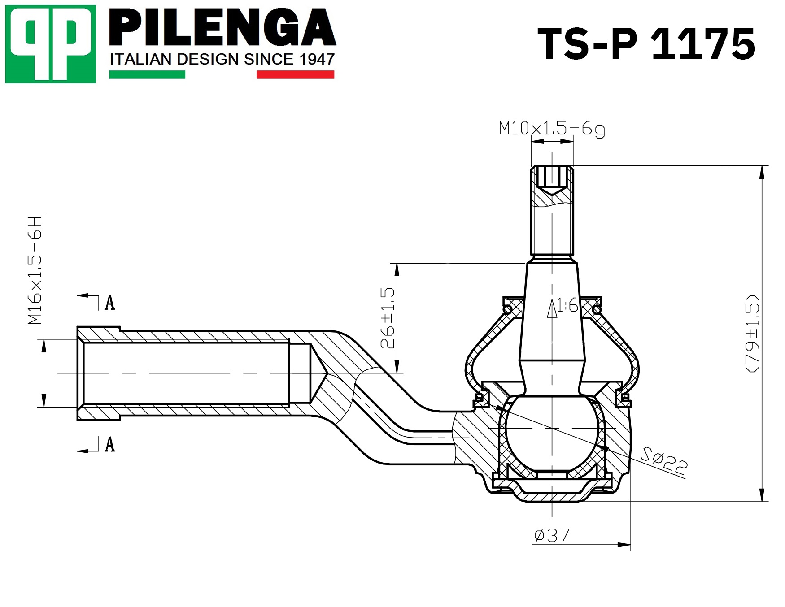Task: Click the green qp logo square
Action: [x=51, y=44]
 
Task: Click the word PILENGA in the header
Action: [x=222, y=27]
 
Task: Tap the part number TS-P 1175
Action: [x=647, y=43]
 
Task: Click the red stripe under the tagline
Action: [x=295, y=74]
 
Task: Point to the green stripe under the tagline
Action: [x=147, y=74]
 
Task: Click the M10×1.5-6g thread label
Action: [x=552, y=129]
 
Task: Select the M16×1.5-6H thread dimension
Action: [x=35, y=270]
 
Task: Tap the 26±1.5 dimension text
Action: [x=388, y=318]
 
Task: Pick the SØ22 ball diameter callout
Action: [x=663, y=460]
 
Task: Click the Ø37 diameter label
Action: [x=552, y=535]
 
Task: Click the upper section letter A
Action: [x=110, y=303]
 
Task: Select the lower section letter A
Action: [x=110, y=444]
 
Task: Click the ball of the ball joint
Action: [x=552, y=429]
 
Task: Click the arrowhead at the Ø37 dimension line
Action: [x=624, y=545]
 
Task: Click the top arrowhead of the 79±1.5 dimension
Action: [x=762, y=173]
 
